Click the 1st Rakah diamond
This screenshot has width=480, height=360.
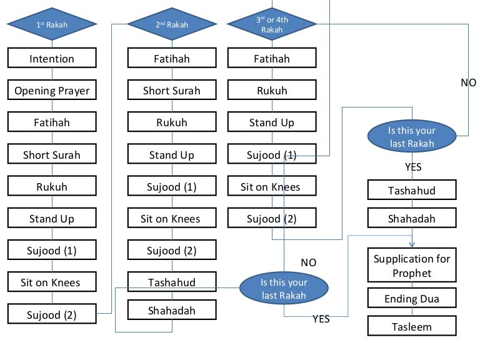52,25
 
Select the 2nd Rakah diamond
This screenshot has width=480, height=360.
172,25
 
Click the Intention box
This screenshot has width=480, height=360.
52,59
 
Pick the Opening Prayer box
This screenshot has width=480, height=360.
52,91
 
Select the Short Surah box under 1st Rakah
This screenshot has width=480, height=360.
52,154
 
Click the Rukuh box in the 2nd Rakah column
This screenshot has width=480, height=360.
172,122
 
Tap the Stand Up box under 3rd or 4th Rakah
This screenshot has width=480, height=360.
272,122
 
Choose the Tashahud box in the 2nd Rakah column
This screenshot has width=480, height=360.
172,282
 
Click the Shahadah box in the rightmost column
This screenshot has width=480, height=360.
411,219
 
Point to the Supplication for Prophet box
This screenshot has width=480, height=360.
411,266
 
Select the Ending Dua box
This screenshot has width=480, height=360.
411,299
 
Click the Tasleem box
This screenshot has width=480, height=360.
411,326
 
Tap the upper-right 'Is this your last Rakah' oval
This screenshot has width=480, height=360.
411,137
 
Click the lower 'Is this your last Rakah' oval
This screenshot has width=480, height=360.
284,289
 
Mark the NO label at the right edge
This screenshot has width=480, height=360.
468,82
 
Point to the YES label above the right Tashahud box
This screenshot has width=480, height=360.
413,167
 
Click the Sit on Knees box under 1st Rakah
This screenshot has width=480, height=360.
52,282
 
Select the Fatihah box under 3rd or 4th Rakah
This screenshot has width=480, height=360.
272,59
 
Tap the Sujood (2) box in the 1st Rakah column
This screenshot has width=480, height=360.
52,314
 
